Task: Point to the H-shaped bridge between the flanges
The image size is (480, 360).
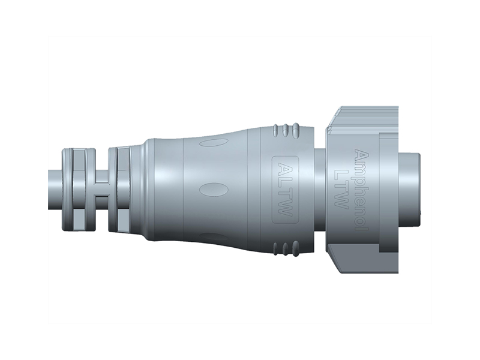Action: (101, 188)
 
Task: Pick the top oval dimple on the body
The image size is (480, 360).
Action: (214, 143)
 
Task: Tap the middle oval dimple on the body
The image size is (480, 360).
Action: (210, 188)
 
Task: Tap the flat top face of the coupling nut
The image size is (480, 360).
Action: (366, 113)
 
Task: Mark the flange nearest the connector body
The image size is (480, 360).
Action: (123, 188)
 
